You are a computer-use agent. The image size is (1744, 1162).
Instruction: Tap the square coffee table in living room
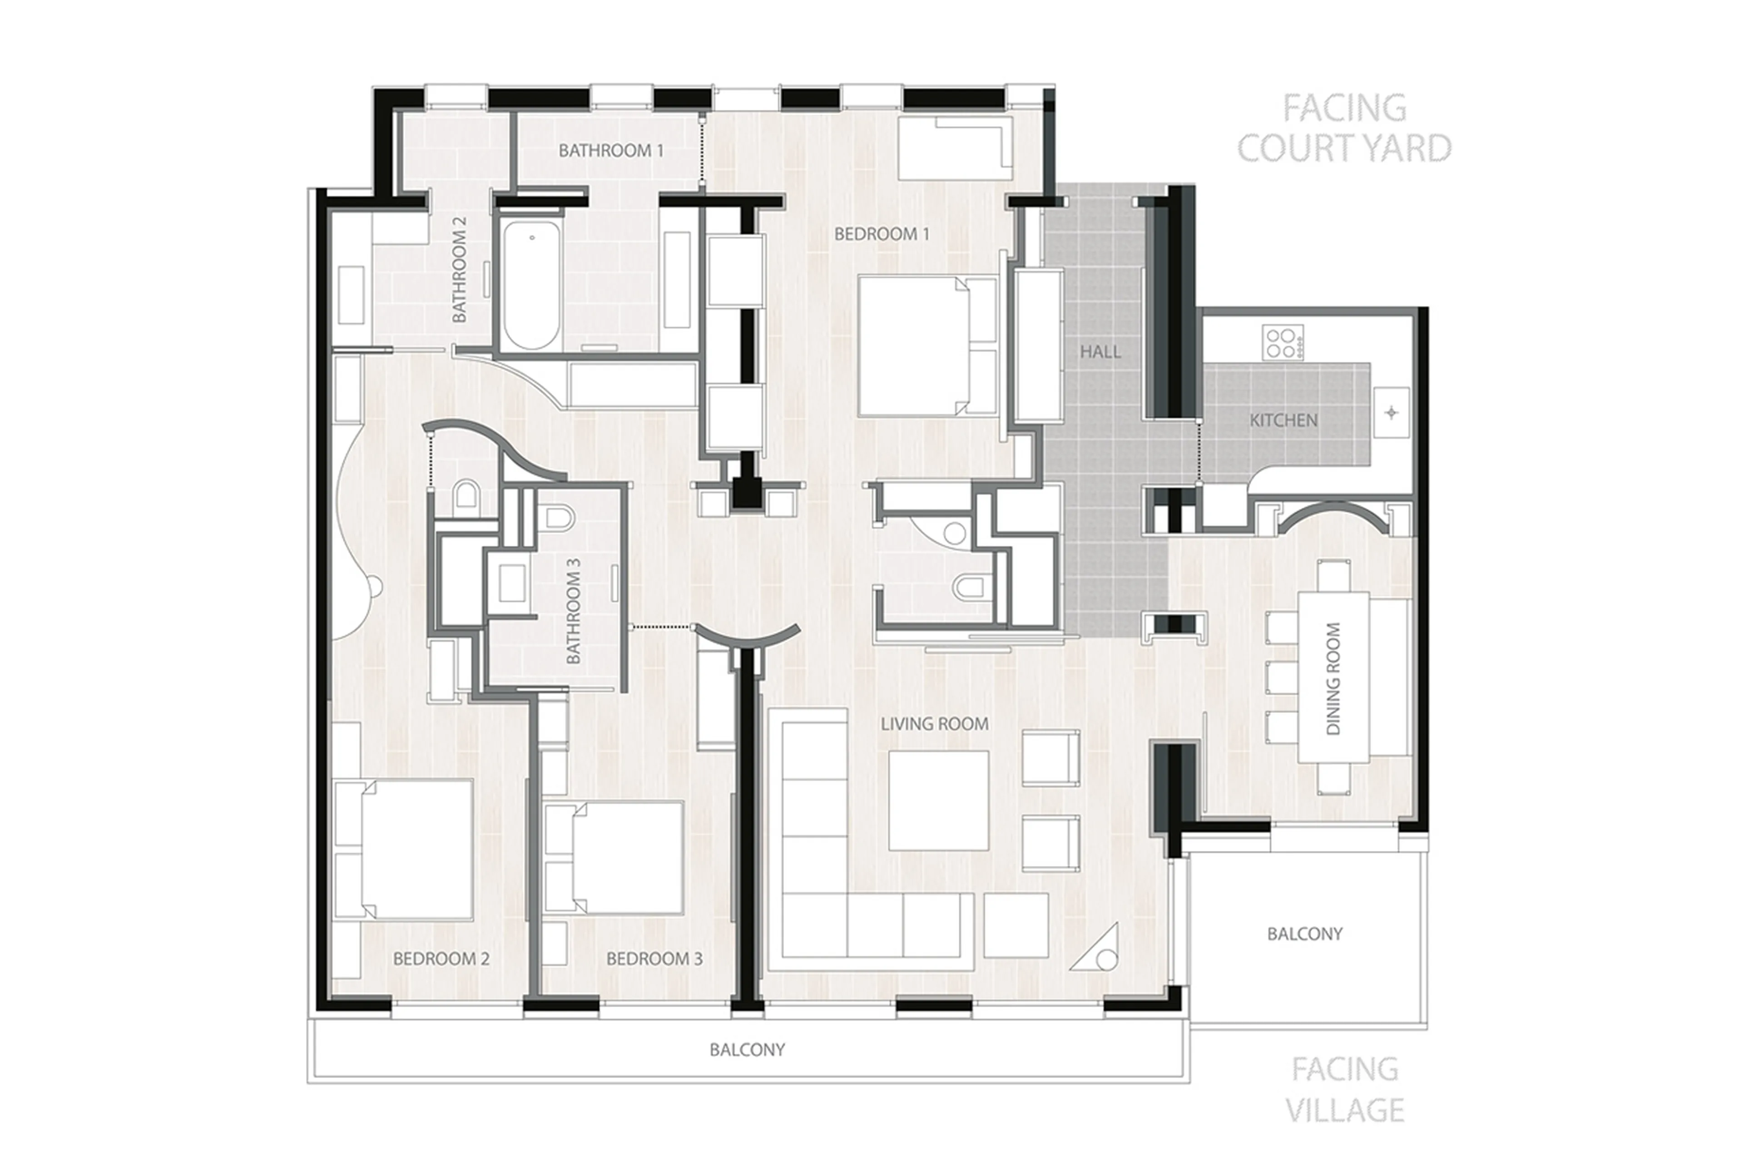pyautogui.click(x=937, y=801)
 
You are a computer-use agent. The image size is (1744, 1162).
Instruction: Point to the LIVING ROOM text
pyautogui.click(x=934, y=724)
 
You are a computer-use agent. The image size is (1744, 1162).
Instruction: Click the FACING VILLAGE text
pyautogui.click(x=1344, y=1089)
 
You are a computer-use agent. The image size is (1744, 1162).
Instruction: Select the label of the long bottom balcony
pyautogui.click(x=746, y=1049)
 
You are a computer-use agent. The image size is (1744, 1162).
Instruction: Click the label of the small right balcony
pyautogui.click(x=1304, y=934)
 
